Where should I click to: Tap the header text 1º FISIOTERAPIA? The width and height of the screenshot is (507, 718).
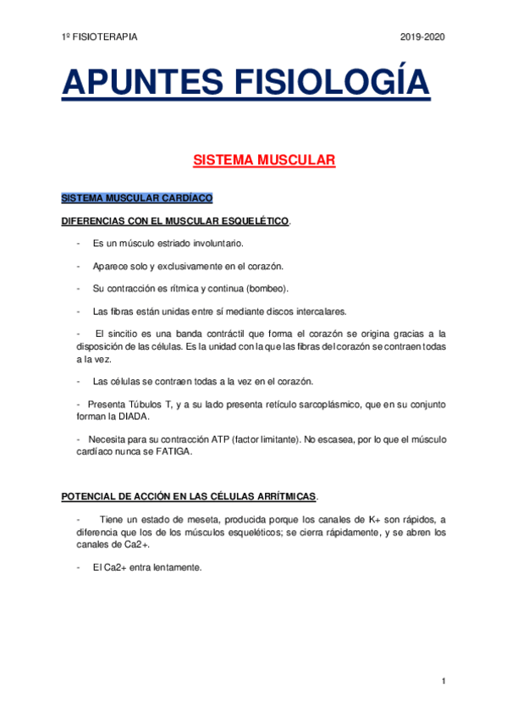[x=100, y=37]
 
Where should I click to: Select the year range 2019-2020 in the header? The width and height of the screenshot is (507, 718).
[x=422, y=37]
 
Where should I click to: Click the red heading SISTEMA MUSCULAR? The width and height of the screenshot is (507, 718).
[x=265, y=159]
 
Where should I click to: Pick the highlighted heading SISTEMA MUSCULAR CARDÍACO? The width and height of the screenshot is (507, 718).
[x=137, y=199]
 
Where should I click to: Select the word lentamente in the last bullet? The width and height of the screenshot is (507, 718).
[x=176, y=567]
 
